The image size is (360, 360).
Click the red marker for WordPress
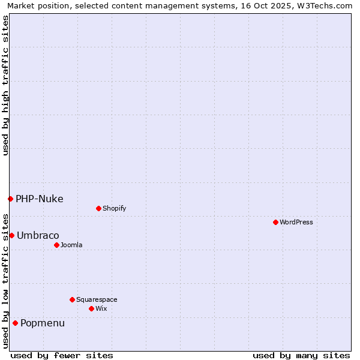(x=275, y=222)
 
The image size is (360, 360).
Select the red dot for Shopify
(x=98, y=208)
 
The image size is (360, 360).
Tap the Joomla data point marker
(x=56, y=245)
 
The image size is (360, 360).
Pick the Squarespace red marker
(x=72, y=299)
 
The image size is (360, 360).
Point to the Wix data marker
(x=91, y=308)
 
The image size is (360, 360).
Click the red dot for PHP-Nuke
(x=10, y=199)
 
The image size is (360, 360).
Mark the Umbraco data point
(x=11, y=235)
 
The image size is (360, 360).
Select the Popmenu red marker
(x=15, y=323)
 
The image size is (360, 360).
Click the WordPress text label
(x=296, y=222)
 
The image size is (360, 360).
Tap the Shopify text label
(x=115, y=208)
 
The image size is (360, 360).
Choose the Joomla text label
(x=71, y=245)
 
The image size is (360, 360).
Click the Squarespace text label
(x=97, y=299)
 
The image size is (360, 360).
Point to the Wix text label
(x=101, y=308)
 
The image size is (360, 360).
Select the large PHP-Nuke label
(x=40, y=199)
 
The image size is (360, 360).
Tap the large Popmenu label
(x=43, y=323)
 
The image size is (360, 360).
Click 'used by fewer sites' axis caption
(x=62, y=355)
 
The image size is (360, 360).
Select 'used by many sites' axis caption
(x=301, y=355)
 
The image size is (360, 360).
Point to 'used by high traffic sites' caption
(x=6, y=85)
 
